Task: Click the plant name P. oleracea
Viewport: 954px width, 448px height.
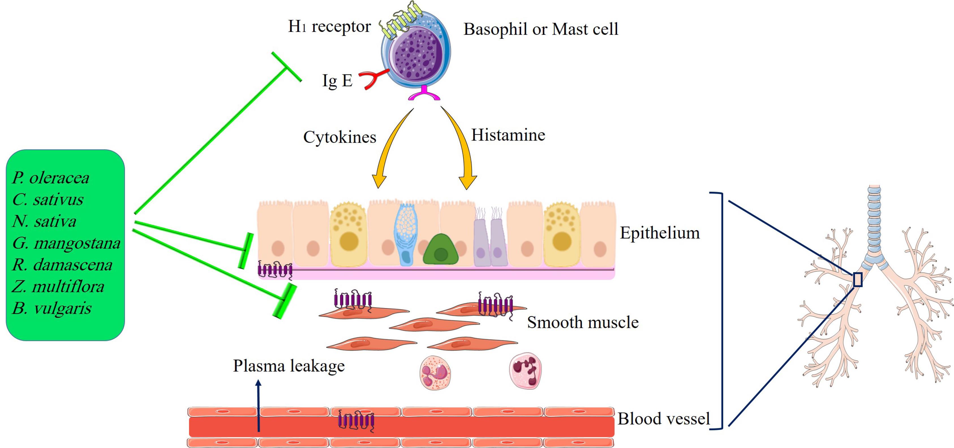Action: tap(51, 178)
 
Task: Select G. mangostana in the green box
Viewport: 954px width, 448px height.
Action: tap(66, 243)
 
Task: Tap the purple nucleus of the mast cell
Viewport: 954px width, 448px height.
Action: tap(418, 55)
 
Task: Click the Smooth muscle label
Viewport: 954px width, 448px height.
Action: tap(583, 322)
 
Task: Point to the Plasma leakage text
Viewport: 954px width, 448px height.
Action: tap(289, 366)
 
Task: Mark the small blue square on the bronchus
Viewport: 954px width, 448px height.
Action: tap(858, 280)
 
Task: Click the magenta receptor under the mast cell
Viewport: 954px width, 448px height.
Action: tap(424, 95)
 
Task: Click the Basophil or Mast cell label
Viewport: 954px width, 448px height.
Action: tap(541, 29)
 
